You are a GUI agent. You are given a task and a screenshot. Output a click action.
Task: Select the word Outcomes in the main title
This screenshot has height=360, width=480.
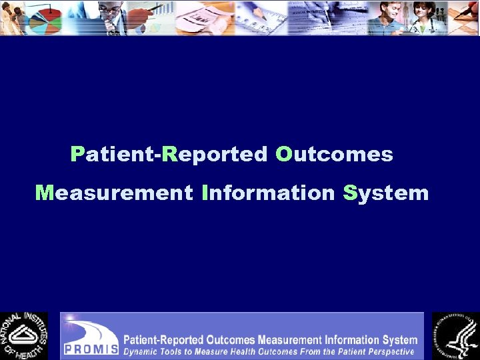click(334, 155)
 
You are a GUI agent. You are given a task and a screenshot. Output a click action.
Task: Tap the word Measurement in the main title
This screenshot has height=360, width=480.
click(113, 193)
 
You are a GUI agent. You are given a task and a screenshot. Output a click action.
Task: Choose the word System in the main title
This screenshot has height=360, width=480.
click(385, 194)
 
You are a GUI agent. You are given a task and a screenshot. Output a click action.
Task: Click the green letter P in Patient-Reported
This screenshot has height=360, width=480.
click(77, 155)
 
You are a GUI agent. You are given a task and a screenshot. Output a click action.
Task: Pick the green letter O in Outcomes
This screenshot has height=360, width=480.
click(284, 155)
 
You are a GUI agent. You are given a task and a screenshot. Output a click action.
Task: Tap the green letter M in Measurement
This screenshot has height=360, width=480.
click(44, 193)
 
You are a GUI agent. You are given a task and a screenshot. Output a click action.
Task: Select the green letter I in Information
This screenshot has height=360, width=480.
click(205, 193)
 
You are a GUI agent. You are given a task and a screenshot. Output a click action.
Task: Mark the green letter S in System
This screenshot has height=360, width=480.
click(350, 193)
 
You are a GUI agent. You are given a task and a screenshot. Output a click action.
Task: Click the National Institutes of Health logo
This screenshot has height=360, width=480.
click(24, 335)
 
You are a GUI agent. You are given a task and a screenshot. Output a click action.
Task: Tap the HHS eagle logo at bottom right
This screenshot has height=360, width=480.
click(455, 335)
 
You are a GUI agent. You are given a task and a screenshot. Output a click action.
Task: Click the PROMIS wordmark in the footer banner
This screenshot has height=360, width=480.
click(91, 348)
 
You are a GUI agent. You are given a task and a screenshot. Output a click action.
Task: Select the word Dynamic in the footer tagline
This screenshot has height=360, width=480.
click(143, 351)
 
